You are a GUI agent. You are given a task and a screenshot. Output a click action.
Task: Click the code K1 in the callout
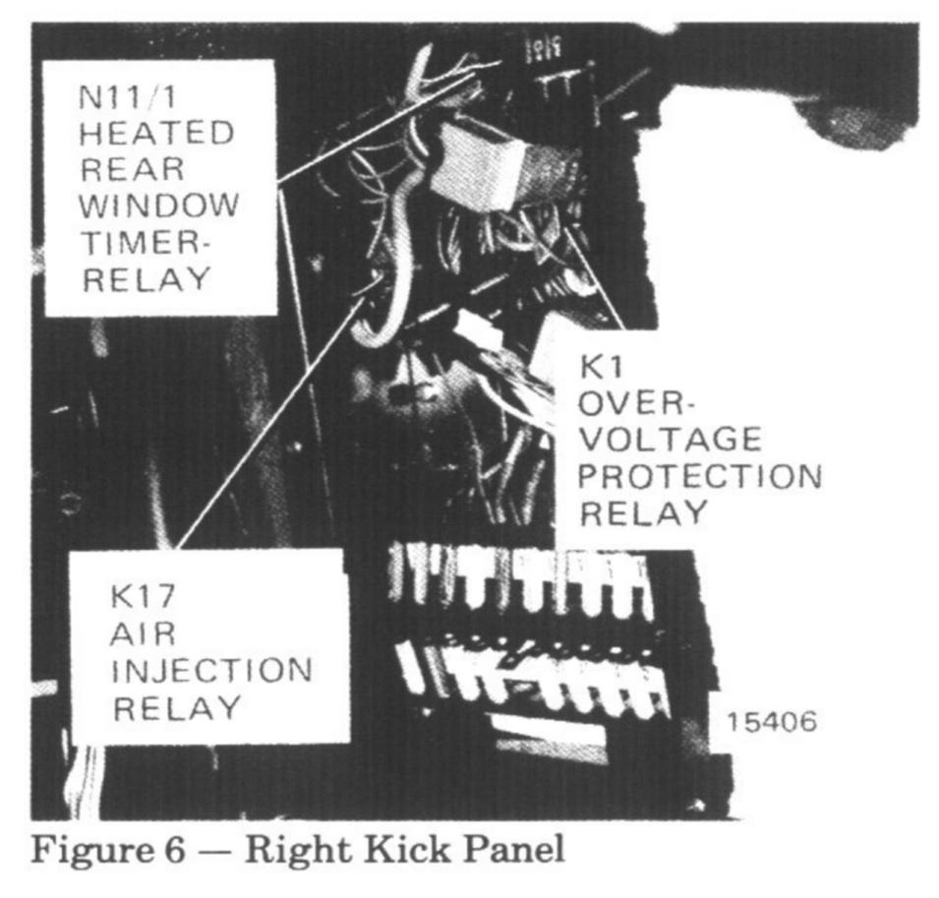(599, 367)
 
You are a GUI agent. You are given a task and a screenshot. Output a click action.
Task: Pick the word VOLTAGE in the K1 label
(670, 439)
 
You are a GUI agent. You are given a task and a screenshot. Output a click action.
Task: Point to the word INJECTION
(212, 671)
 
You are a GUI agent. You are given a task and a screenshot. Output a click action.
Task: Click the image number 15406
(772, 722)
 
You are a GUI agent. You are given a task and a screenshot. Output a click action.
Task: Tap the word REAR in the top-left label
(133, 168)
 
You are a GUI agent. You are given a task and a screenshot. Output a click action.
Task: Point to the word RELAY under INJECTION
(177, 707)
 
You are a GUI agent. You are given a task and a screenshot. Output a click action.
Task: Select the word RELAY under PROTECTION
(643, 512)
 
